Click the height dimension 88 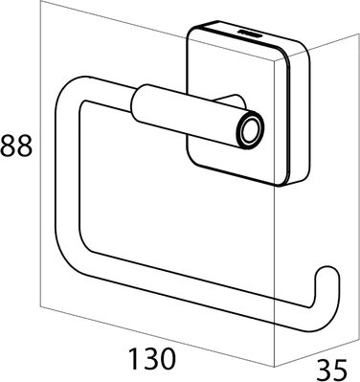pos(16,146)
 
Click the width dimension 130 pos(152,358)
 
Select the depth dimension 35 pos(331,371)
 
